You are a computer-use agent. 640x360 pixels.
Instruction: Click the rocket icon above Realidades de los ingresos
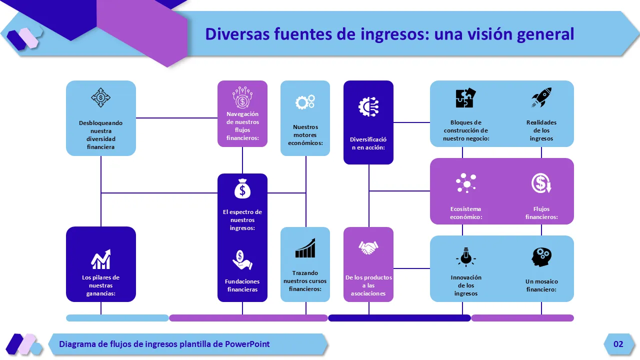pos(541,98)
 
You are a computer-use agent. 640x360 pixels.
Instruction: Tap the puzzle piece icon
pos(466,98)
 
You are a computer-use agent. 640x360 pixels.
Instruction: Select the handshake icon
pos(368,247)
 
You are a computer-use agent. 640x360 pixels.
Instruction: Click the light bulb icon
pos(466,257)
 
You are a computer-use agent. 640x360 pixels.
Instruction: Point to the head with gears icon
pos(541,257)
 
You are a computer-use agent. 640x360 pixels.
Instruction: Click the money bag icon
pos(242,188)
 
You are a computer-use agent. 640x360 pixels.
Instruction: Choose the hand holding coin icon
pos(242,260)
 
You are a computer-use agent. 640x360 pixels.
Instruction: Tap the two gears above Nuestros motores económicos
pos(305,102)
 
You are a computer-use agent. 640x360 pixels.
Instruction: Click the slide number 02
pos(618,344)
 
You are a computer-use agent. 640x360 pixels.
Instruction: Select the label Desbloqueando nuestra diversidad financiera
pos(101,135)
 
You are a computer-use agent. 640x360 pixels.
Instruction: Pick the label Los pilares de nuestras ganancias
pos(101,285)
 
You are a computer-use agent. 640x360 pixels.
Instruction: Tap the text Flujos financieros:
pos(541,213)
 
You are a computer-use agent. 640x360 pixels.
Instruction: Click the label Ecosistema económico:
pos(466,213)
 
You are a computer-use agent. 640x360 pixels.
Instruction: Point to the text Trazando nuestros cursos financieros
pos(305,281)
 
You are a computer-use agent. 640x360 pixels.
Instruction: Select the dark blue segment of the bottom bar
pos(399,318)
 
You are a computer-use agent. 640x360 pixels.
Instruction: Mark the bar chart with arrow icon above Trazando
pos(305,248)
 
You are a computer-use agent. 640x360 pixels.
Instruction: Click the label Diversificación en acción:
pos(368,143)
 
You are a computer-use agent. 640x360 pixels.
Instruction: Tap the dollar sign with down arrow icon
pos(541,183)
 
